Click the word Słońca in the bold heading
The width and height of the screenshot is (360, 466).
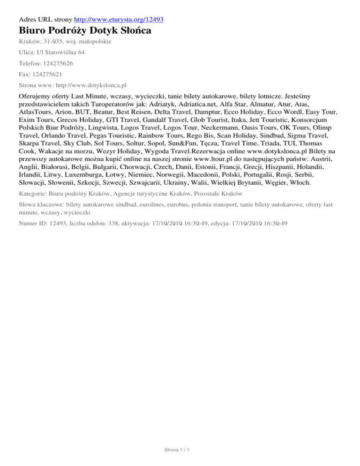pyautogui.click(x=132, y=32)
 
